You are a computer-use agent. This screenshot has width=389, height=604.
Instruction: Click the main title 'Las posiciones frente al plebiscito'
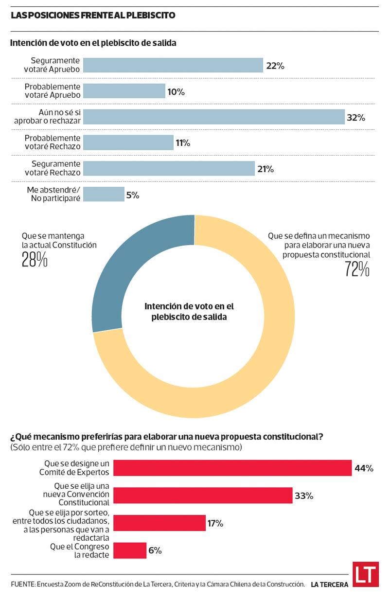pos(93,15)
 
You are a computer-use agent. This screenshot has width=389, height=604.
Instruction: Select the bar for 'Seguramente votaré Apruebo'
pos(173,65)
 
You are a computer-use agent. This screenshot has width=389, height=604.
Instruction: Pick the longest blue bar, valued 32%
pos(213,117)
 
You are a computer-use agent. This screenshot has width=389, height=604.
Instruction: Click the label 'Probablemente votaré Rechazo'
pos(53,142)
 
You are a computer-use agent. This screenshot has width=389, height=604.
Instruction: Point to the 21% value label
pos(266,169)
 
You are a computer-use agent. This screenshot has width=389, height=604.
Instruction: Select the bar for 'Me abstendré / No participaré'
pos(104,194)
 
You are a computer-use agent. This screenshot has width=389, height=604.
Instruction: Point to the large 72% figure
pos(357,269)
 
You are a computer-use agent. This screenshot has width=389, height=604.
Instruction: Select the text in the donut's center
pos(189,311)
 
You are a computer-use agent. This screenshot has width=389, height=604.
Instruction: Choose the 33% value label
pos(303,496)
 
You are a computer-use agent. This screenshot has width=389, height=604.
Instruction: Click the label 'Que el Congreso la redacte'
pos(80,551)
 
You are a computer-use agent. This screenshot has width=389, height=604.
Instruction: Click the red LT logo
pos(366,575)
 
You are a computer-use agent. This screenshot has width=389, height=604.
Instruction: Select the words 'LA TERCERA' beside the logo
pos(330,585)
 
